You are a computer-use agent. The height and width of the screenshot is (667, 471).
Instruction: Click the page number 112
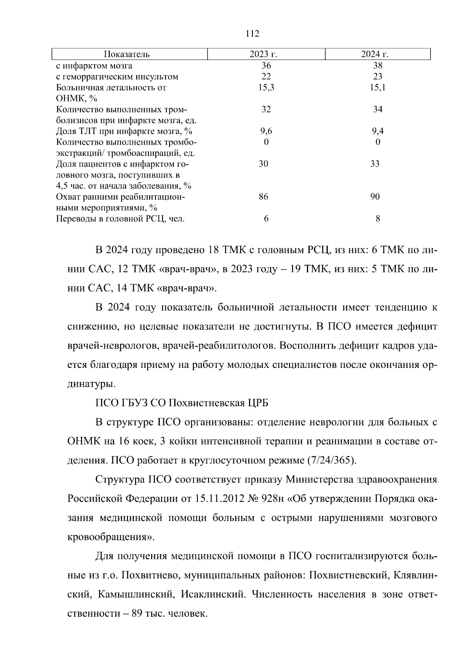click(252, 34)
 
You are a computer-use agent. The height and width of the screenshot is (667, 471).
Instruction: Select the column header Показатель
click(126, 54)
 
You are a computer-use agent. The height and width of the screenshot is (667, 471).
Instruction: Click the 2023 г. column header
click(266, 54)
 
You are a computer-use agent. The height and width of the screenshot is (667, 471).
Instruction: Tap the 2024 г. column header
click(378, 54)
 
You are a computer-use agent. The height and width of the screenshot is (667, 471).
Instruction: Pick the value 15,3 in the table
click(266, 87)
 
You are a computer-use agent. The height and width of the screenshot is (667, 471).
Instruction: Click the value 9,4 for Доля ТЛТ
click(378, 131)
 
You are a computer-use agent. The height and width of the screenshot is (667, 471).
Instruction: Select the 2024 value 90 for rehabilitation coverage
click(375, 197)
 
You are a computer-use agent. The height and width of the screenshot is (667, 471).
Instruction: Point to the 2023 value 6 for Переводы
click(266, 219)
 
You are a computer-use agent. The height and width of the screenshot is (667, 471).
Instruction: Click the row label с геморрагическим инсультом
click(117, 77)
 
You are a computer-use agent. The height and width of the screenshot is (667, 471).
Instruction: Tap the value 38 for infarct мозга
click(378, 66)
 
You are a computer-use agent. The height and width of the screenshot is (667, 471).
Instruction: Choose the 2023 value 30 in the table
click(263, 164)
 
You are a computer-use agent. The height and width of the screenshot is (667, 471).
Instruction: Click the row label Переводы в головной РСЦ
click(120, 219)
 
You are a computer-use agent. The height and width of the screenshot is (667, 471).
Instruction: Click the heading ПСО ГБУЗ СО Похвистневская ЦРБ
click(182, 403)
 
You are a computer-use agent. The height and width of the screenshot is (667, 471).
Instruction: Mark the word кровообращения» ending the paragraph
click(111, 537)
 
